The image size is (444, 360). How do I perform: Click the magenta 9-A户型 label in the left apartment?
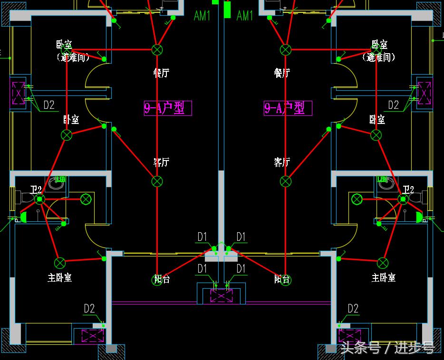pyautogui.click(x=168, y=108)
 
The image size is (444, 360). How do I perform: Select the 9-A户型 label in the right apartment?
pyautogui.click(x=288, y=108)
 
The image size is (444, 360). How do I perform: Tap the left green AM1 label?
pyautogui.click(x=202, y=16)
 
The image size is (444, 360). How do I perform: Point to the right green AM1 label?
pyautogui.click(x=245, y=16)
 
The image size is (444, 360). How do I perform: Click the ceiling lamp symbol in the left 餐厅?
pyautogui.click(x=157, y=49)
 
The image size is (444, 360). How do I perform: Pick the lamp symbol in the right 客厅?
pyautogui.click(x=285, y=181)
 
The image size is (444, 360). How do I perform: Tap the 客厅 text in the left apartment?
pyautogui.click(x=161, y=162)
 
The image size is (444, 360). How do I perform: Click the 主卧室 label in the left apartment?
pyautogui.click(x=59, y=277)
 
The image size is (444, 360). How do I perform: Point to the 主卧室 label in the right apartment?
pyautogui.click(x=384, y=277)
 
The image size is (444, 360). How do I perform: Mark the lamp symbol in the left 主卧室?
pyautogui.click(x=59, y=263)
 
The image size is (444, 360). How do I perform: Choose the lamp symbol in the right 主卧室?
pyautogui.click(x=383, y=263)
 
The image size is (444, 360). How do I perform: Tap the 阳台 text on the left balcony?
pyautogui.click(x=162, y=279)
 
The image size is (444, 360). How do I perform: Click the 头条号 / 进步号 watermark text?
pyautogui.click(x=387, y=348)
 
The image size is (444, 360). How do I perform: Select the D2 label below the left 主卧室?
pyautogui.click(x=89, y=309)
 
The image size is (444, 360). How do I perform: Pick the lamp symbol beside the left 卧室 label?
pyautogui.click(x=67, y=135)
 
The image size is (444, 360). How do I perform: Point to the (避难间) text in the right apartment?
pyautogui.click(x=379, y=57)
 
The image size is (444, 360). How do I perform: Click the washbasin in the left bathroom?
pyautogui.click(x=57, y=182)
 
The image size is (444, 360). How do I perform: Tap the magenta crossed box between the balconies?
pyautogui.click(x=221, y=295)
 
